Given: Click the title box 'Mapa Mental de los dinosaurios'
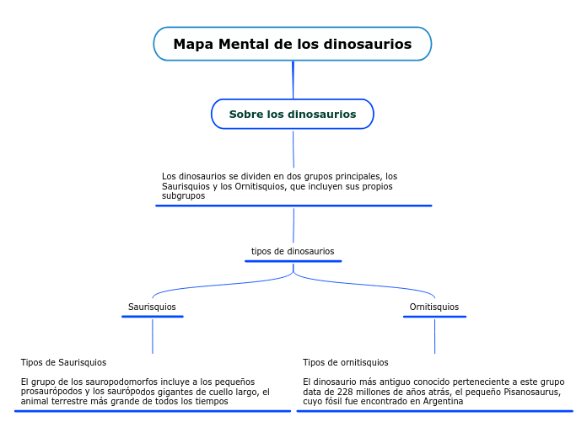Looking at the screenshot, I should click(292, 44).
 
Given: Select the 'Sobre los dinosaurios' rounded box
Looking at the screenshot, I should click(292, 114).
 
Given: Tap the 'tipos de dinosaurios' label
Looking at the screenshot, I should click(293, 251).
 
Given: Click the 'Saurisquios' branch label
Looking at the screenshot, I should click(152, 307).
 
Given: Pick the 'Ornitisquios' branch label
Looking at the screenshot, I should click(434, 307).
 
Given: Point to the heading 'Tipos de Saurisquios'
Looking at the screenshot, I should click(63, 362).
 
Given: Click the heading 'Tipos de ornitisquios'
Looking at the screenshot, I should click(346, 362).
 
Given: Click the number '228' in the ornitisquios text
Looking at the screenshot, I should click(346, 392).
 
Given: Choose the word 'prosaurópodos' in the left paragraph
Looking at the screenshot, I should click(51, 392).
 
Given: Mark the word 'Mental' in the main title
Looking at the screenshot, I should click(245, 44).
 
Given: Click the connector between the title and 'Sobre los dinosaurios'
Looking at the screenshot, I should click(293, 80).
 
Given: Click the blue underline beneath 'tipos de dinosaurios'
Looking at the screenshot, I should click(293, 261).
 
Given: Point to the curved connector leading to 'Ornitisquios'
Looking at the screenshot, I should click(371, 285).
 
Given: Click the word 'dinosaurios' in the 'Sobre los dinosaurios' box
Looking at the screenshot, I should click(322, 114).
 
